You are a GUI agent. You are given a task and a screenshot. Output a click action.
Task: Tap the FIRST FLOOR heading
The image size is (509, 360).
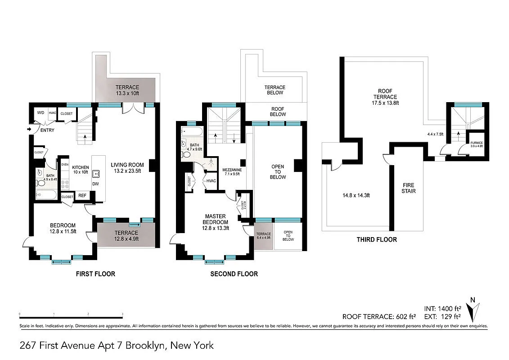tap(95, 274)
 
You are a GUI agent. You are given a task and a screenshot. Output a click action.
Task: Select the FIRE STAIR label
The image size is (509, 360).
tap(408, 188)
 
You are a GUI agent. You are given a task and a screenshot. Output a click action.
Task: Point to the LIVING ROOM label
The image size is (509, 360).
tap(126, 167)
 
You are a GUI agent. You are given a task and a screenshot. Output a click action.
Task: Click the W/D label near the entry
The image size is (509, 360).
tap(40, 113)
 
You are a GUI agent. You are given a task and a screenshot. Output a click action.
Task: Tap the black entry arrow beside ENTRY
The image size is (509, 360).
tap(30, 130)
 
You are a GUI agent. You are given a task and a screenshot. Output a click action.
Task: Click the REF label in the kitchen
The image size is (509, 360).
tap(82, 196)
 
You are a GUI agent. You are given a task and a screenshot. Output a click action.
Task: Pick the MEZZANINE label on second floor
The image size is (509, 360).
tap(232, 172)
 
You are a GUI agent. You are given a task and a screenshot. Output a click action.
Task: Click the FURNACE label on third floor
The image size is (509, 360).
tap(476, 144)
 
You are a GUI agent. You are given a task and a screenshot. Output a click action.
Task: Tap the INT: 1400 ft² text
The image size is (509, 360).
tap(443, 309)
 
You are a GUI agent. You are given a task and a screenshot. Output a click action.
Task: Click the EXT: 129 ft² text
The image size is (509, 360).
tap(443, 316)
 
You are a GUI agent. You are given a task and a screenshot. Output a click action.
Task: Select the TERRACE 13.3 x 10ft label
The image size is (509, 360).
tap(126, 90)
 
